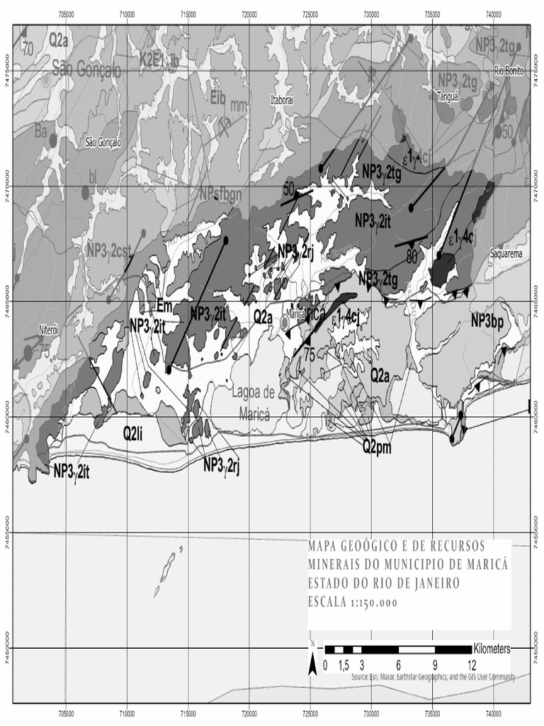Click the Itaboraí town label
tap(281, 101)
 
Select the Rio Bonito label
tap(509, 70)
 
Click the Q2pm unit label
tap(378, 447)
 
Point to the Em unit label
tap(164, 306)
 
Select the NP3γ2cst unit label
tap(109, 250)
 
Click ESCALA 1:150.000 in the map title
tap(352, 603)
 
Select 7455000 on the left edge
tap(6, 532)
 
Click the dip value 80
tap(411, 253)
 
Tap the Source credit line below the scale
tap(432, 677)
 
